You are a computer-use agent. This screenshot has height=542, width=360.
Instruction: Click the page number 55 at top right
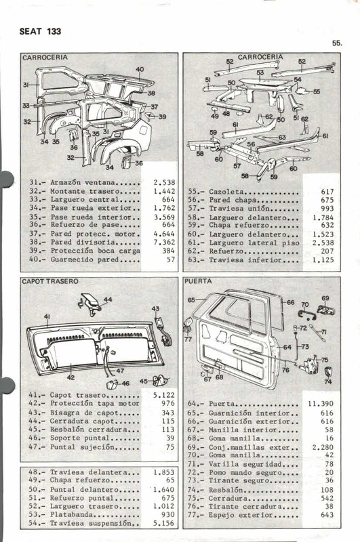coord(337,43)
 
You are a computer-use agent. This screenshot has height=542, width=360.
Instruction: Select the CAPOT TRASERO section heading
coord(50,280)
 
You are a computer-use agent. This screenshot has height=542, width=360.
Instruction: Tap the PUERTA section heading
coord(197,280)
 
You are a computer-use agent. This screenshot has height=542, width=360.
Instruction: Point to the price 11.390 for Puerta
coord(321,403)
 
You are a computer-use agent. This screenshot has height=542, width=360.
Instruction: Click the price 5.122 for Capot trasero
coord(164,394)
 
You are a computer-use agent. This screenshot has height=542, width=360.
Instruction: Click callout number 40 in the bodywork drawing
coord(140,69)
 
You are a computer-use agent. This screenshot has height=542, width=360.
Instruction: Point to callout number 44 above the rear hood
coord(108,299)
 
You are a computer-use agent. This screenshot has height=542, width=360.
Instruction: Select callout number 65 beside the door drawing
coord(191,299)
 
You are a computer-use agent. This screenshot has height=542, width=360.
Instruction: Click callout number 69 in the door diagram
coord(325,298)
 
